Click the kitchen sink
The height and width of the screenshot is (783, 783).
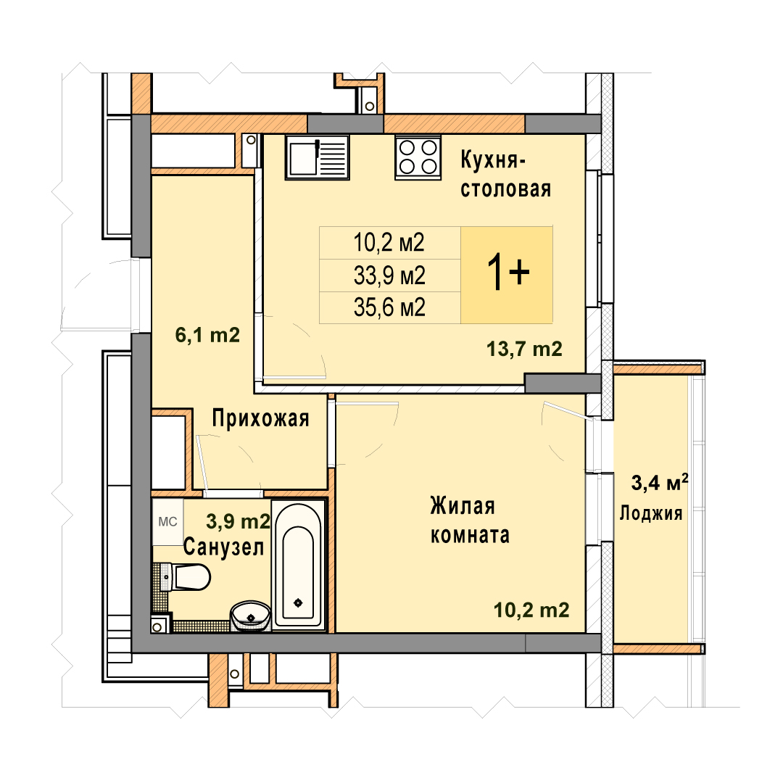(x=317, y=157)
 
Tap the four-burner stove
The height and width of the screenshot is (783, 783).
(x=418, y=157)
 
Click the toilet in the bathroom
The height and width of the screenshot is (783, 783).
(x=186, y=577)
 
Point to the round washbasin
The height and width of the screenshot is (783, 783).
(x=250, y=614)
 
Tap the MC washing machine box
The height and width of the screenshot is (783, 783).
(x=167, y=522)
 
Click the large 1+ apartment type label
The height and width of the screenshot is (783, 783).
(x=507, y=273)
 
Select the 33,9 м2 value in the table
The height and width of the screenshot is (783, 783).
(x=389, y=275)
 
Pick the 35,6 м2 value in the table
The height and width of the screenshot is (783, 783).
(x=389, y=307)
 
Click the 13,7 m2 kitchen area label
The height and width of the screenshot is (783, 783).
(x=524, y=349)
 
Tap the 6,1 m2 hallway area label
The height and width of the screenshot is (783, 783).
(x=207, y=334)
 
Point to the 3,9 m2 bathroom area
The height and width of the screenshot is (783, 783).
(x=239, y=521)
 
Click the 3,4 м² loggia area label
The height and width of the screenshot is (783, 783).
(x=660, y=482)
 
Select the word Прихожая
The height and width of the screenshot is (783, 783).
(x=261, y=418)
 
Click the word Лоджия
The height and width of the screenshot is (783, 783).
(x=650, y=513)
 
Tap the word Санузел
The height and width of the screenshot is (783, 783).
(x=223, y=547)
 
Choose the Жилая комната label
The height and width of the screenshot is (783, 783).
(x=469, y=521)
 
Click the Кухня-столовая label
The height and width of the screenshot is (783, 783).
(x=505, y=174)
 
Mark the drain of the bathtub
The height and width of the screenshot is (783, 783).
(x=298, y=602)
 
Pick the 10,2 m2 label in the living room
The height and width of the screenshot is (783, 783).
(x=531, y=610)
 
